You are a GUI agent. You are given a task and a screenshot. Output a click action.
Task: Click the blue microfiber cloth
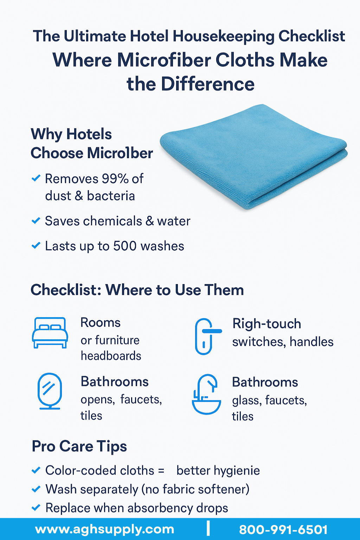(253, 157)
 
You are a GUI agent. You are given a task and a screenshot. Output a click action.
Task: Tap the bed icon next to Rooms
(50, 333)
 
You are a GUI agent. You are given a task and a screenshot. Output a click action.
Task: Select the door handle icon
(207, 336)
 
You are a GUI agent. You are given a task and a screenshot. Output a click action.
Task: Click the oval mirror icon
(50, 391)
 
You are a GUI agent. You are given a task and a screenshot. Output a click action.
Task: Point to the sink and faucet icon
(206, 394)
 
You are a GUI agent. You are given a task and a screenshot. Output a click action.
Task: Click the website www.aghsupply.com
(104, 529)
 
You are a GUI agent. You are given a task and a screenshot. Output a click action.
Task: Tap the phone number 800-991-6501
(283, 530)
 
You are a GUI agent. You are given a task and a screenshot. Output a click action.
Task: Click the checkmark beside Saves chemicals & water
(36, 220)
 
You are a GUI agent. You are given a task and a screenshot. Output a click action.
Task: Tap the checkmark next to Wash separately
(36, 489)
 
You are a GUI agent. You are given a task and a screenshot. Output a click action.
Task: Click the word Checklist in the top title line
(312, 36)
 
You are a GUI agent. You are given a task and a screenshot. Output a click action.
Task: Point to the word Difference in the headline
(208, 84)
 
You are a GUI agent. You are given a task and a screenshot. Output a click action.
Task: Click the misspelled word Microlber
(120, 153)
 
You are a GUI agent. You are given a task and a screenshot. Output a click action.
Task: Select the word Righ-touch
(267, 323)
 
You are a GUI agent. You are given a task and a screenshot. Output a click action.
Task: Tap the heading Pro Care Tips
(79, 446)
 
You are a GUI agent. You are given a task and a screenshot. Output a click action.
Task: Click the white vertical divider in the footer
(208, 529)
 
